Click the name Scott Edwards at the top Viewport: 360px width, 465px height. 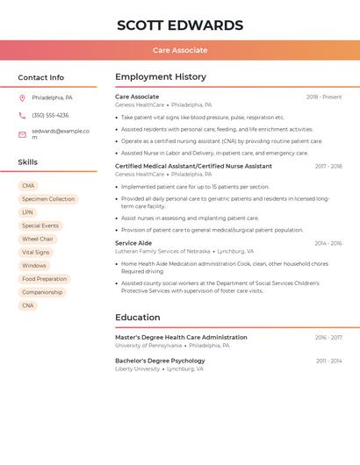[x=180, y=25]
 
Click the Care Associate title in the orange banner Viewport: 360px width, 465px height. [x=180, y=50]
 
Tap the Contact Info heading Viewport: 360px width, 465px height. [x=40, y=77]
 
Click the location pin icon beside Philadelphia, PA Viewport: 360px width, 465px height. [x=22, y=98]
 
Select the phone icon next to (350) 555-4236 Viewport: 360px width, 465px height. [x=22, y=116]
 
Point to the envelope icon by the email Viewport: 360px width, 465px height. [x=22, y=134]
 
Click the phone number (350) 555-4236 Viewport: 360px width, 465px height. [x=50, y=116]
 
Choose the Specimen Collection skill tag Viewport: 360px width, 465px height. [x=48, y=199]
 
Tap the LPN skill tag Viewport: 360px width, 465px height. [x=28, y=212]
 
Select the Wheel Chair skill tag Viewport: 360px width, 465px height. [x=38, y=239]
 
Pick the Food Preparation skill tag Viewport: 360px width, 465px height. [x=44, y=279]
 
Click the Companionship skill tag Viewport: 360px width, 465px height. [x=42, y=292]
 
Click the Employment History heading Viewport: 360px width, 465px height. [x=161, y=77]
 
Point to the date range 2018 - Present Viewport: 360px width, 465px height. [x=324, y=97]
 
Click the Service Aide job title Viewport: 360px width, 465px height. [x=133, y=243]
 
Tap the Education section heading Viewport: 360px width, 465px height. [x=138, y=318]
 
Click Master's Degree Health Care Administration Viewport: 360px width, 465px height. [x=181, y=337]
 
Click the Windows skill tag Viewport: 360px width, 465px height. [x=34, y=266]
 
